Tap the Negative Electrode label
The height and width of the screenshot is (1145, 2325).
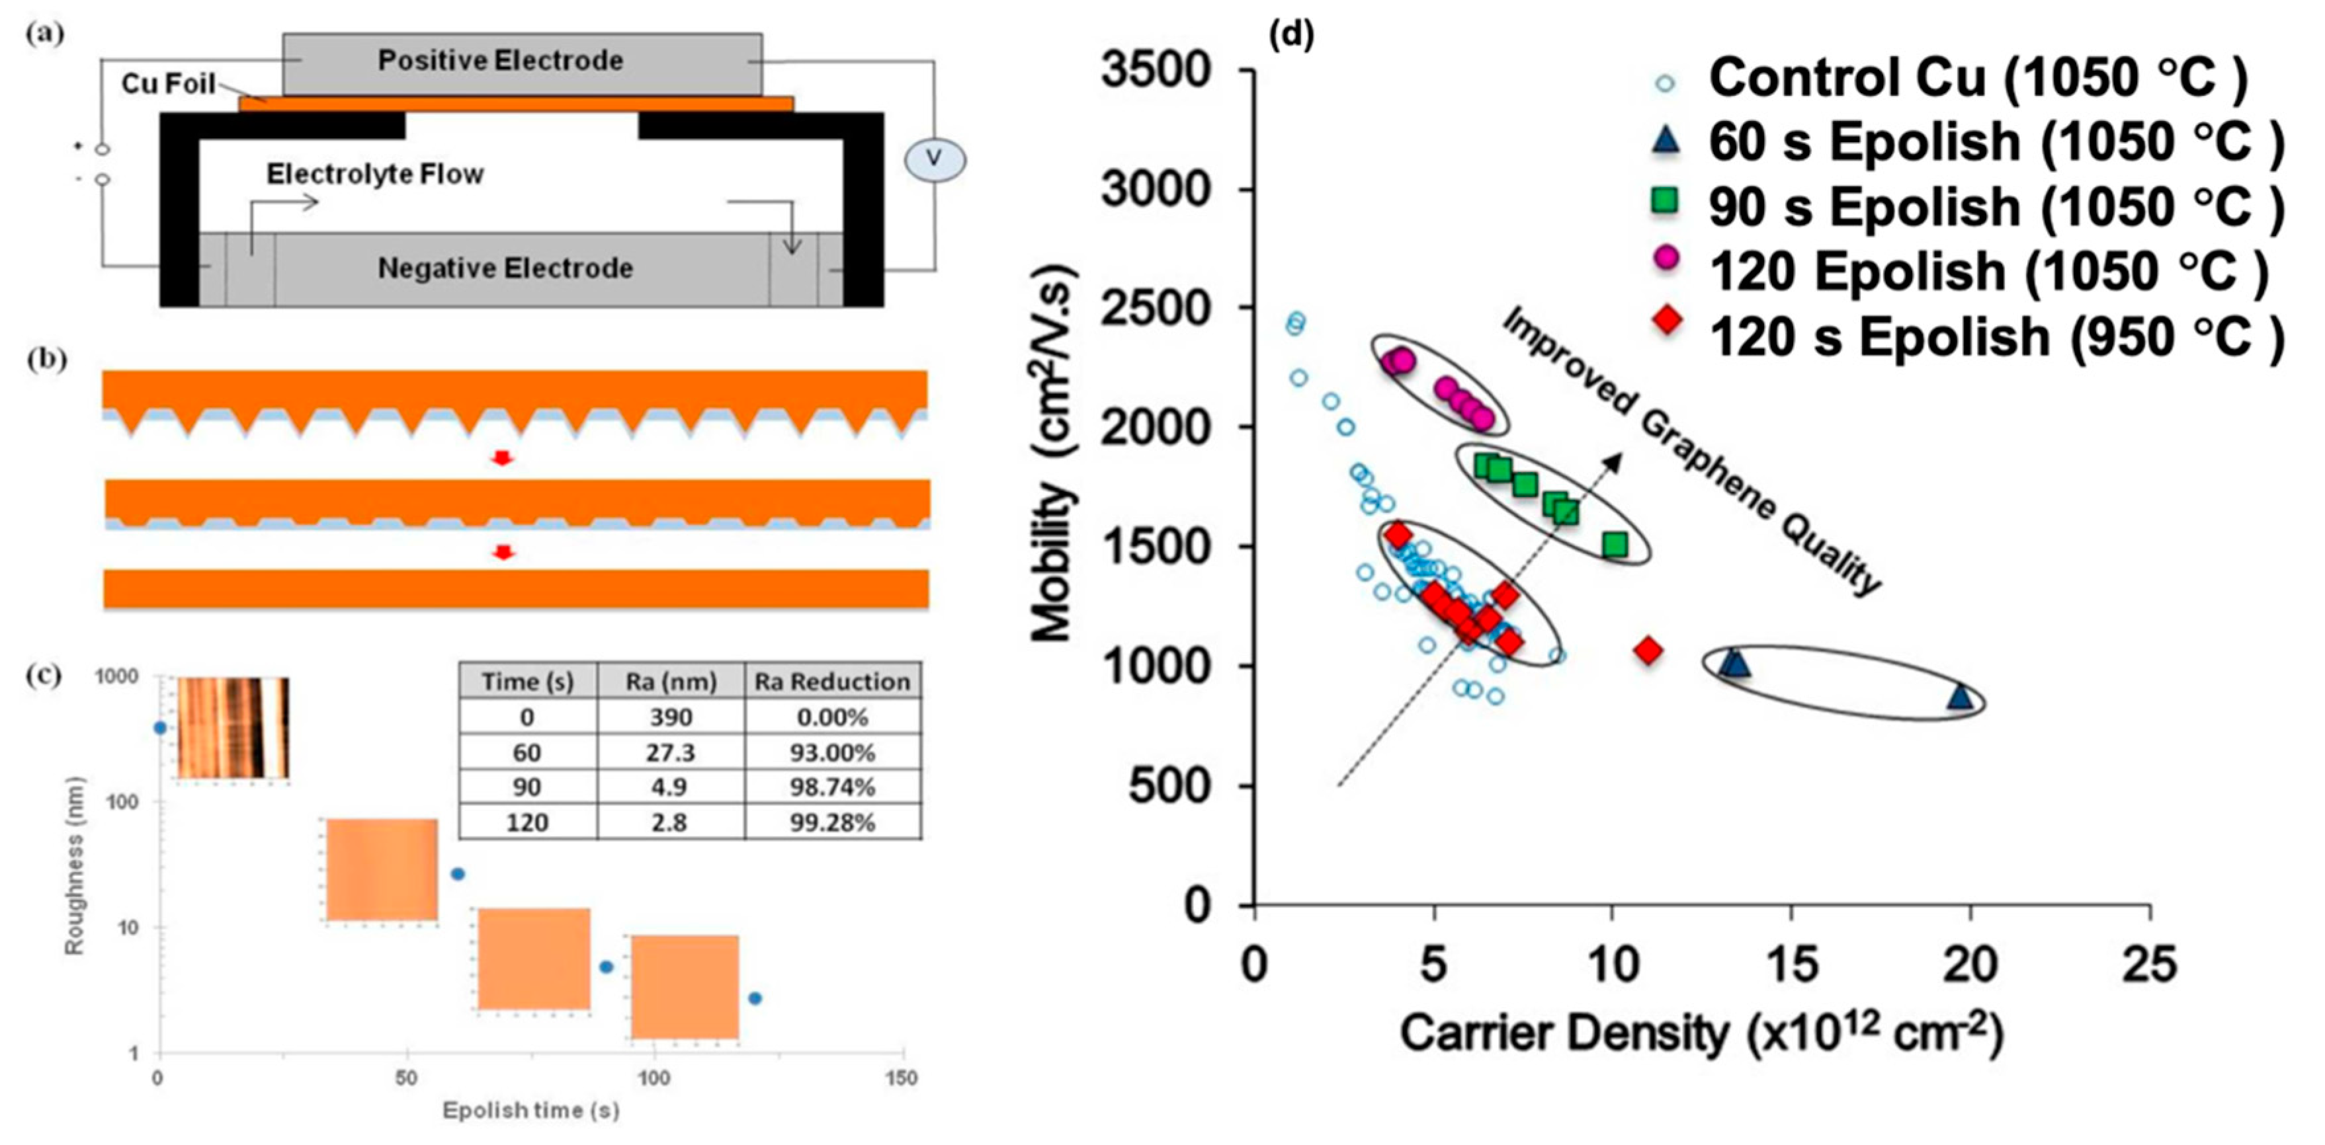(505, 268)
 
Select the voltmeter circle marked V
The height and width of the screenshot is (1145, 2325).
(935, 160)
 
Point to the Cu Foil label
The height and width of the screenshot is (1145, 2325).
(168, 84)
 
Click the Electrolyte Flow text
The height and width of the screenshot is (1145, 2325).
(374, 173)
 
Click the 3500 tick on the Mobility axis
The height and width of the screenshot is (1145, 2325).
(1156, 70)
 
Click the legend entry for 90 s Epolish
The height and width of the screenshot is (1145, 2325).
(1995, 207)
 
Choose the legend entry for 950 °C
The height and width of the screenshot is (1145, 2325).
(1995, 336)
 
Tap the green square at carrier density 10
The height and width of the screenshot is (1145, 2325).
(1615, 545)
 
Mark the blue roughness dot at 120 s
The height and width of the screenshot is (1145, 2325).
(755, 998)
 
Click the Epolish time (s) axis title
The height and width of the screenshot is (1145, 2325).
(530, 1110)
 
